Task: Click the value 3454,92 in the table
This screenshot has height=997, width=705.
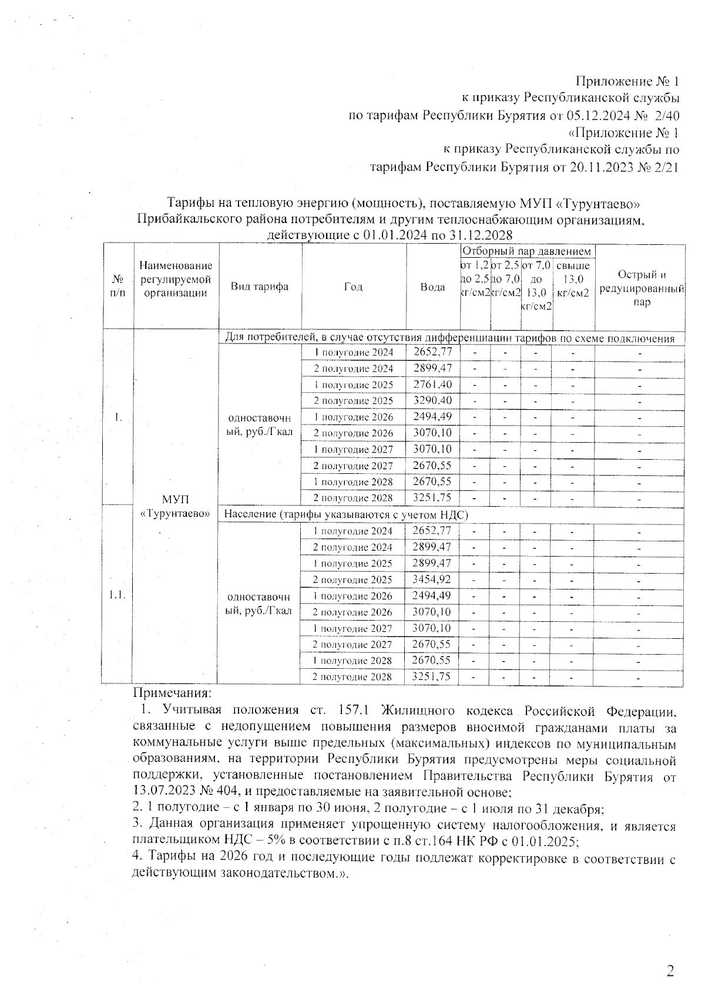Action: click(432, 580)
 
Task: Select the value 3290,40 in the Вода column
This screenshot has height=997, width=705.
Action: click(432, 400)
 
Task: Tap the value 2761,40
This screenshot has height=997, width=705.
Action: click(432, 385)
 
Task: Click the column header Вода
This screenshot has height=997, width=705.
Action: click(432, 287)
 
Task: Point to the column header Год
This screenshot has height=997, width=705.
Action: click(353, 287)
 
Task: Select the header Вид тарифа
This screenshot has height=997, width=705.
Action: click(259, 287)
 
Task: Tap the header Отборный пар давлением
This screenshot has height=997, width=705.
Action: click(527, 251)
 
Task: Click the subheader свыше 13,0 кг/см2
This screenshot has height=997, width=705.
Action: click(573, 279)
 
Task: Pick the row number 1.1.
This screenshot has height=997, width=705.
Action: click(117, 595)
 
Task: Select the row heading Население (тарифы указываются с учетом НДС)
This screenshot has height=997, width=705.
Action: click(346, 515)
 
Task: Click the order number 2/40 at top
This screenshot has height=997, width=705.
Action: click(666, 116)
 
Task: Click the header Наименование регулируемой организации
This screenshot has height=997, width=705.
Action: click(175, 280)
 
